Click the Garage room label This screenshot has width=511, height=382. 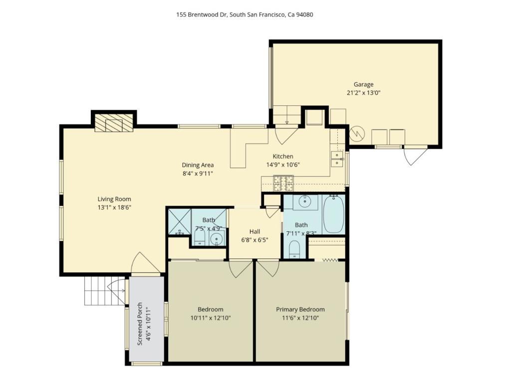[x=363, y=84]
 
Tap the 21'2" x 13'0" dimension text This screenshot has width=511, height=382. [x=363, y=93]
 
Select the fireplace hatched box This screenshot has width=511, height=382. [x=114, y=123]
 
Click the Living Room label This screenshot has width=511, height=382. [x=114, y=199]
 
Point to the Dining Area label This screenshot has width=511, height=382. [x=198, y=165]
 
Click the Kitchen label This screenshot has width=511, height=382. [x=283, y=156]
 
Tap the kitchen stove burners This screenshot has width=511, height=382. [x=283, y=183]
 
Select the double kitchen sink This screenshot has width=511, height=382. [x=337, y=159]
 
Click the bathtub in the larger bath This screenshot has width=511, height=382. [x=333, y=214]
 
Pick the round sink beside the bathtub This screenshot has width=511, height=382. [x=305, y=201]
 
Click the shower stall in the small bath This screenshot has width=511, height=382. [x=180, y=222]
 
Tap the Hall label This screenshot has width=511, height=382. [x=255, y=232]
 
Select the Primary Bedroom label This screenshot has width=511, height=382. [x=300, y=310]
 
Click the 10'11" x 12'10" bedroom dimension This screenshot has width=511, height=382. [x=211, y=318]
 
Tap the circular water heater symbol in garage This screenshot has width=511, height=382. [x=356, y=134]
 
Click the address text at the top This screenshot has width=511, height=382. [x=245, y=14]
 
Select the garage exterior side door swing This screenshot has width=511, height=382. [x=415, y=156]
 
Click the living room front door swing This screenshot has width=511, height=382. [x=145, y=263]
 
